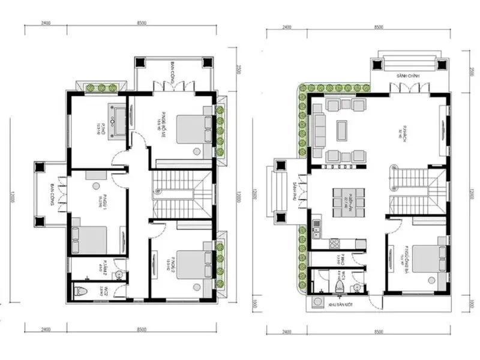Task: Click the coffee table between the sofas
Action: pyautogui.click(x=342, y=128)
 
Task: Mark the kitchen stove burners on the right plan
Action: pyautogui.click(x=335, y=244)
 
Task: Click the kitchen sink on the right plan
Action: pyautogui.click(x=316, y=227)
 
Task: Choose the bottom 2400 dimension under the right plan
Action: pyautogui.click(x=286, y=331)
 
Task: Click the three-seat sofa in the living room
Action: pyautogui.click(x=318, y=127)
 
